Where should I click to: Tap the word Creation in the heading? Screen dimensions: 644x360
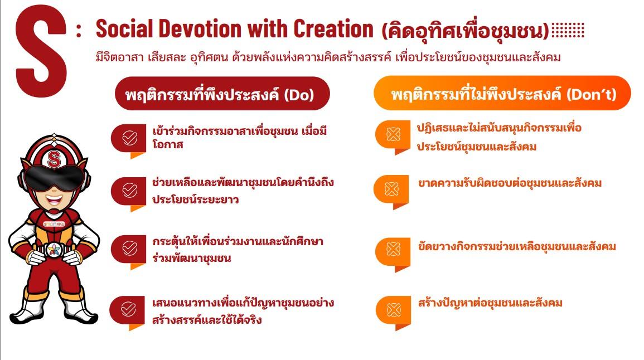point(333,29)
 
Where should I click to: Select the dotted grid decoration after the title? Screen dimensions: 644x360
point(568,30)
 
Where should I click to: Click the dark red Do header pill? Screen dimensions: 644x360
point(222,94)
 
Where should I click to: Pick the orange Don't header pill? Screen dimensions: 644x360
point(502,93)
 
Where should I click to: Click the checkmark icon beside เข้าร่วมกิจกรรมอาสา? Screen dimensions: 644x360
point(129,138)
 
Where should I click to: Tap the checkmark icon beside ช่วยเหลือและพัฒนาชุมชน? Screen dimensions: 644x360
point(129,191)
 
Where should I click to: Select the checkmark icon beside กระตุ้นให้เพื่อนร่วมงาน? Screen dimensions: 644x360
point(129,249)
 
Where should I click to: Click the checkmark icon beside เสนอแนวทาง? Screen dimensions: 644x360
point(129,309)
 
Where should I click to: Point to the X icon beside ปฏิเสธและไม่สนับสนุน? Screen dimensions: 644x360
point(393,134)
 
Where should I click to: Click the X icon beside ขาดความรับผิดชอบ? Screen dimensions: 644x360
point(391,189)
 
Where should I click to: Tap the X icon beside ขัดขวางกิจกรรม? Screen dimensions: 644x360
point(393,249)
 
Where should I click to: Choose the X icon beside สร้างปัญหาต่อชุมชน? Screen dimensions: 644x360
point(394,310)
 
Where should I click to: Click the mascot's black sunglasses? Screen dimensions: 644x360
point(54,177)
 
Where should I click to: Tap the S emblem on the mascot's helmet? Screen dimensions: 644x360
point(54,159)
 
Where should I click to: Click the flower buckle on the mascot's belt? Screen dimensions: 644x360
point(54,250)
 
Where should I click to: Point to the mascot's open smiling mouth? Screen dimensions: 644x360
point(54,200)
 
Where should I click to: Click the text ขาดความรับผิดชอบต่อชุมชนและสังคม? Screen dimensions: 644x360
point(510,183)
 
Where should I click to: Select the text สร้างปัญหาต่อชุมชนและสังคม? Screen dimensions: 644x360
point(490,303)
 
